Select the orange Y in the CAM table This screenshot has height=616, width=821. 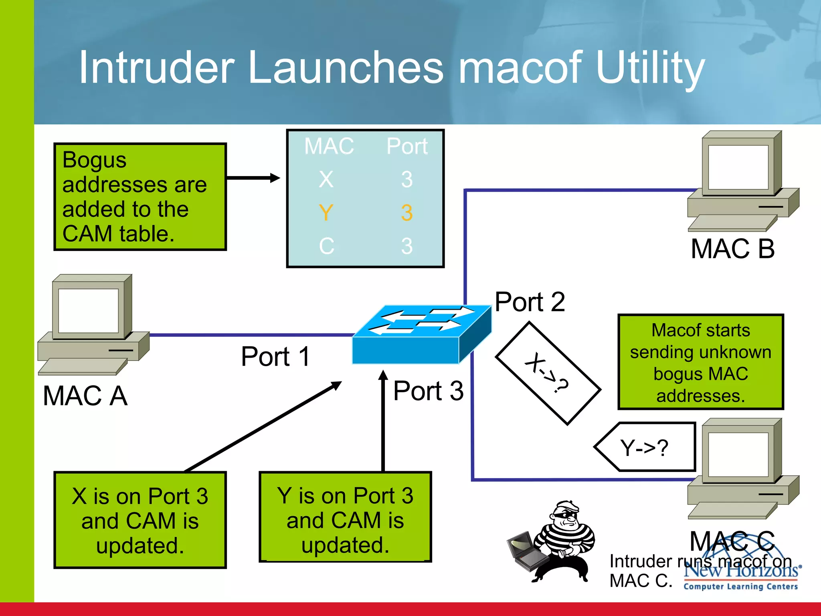(326, 212)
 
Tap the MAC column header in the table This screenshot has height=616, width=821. (329, 146)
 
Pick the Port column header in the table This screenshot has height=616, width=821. (407, 146)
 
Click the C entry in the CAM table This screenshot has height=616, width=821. (326, 246)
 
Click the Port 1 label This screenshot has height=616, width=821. (275, 357)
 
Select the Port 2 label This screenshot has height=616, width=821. (530, 302)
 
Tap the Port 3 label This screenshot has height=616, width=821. (428, 391)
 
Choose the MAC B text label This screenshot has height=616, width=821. (732, 249)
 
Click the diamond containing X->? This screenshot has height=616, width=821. (548, 373)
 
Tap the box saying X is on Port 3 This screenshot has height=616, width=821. (140, 520)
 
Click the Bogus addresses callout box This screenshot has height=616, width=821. (140, 197)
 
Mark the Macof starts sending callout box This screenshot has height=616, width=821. (700, 362)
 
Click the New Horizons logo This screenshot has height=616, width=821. (740, 576)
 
